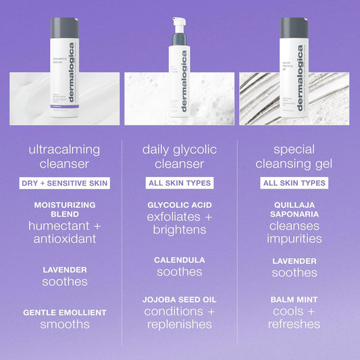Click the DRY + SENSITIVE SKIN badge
click(x=65, y=183)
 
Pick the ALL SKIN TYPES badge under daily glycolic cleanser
click(x=179, y=183)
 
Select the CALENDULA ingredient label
click(x=179, y=259)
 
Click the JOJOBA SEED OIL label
click(x=179, y=299)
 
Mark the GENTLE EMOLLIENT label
click(x=65, y=312)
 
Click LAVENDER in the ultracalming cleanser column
click(x=65, y=269)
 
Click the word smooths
click(x=65, y=324)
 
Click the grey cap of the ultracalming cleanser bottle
click(x=63, y=27)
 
